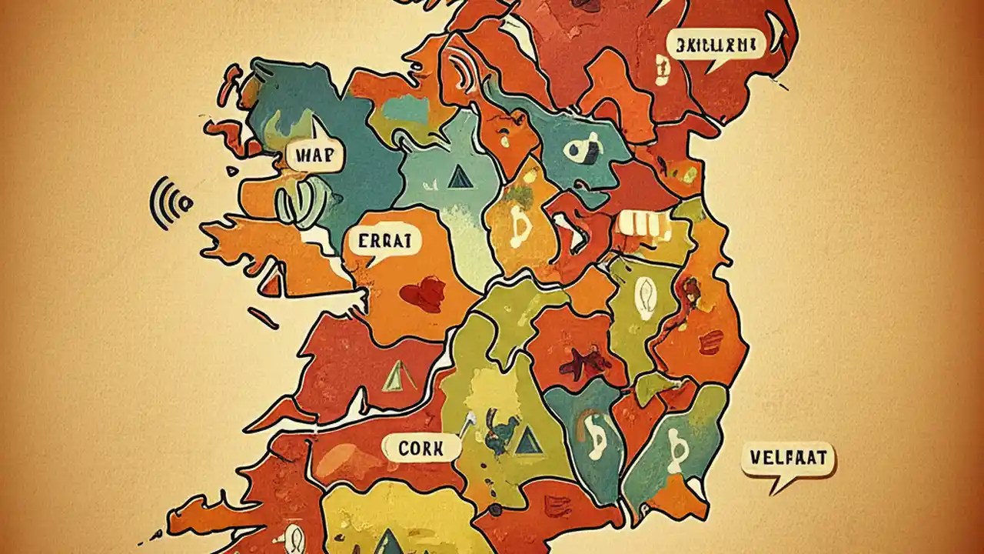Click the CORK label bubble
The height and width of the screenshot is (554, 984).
(x=421, y=447)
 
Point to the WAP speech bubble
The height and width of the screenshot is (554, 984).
(x=315, y=155)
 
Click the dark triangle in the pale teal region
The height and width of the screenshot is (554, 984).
(x=459, y=178)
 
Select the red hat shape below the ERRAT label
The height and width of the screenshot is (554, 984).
(x=421, y=295)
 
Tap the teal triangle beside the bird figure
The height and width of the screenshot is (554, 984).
(x=526, y=440)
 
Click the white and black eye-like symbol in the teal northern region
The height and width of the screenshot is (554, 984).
(x=582, y=147)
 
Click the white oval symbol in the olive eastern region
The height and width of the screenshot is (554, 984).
(x=643, y=293)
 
